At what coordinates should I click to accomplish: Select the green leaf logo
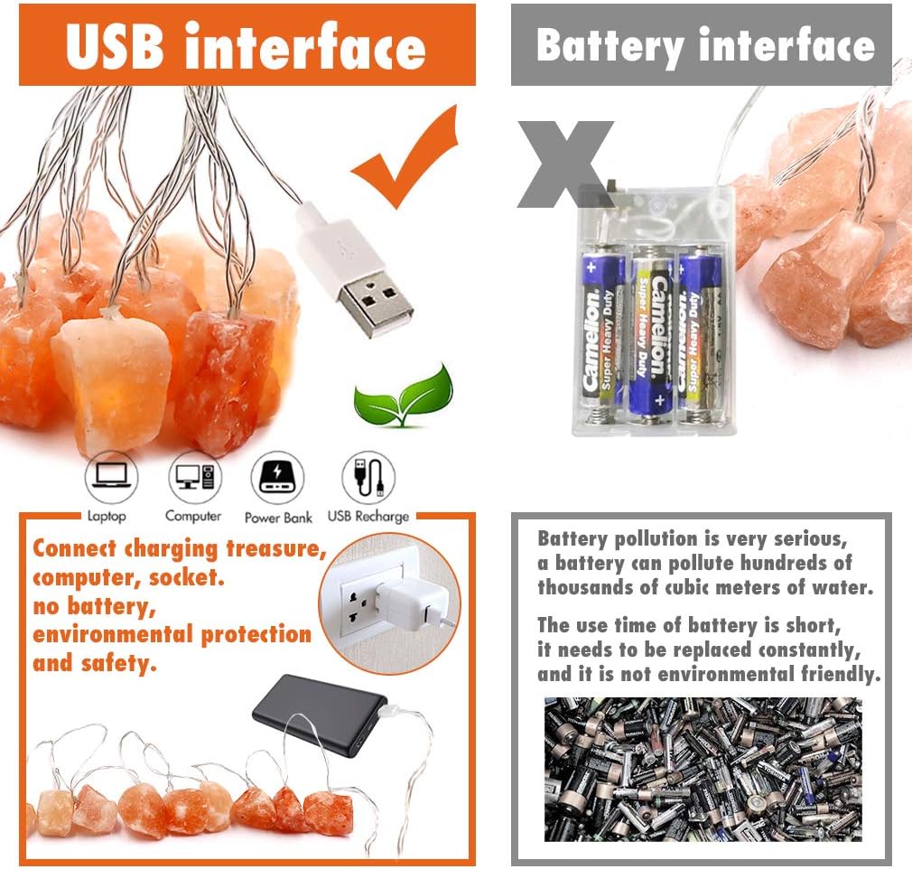(403, 395)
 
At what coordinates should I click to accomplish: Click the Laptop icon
(111, 477)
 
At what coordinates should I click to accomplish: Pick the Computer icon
(195, 477)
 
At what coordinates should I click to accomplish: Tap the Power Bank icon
(277, 477)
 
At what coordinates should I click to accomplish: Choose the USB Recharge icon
(368, 477)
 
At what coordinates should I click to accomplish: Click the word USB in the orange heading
(115, 46)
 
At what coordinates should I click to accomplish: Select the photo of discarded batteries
(703, 769)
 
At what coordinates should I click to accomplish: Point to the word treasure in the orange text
(275, 549)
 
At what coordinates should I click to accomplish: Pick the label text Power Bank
(279, 518)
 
